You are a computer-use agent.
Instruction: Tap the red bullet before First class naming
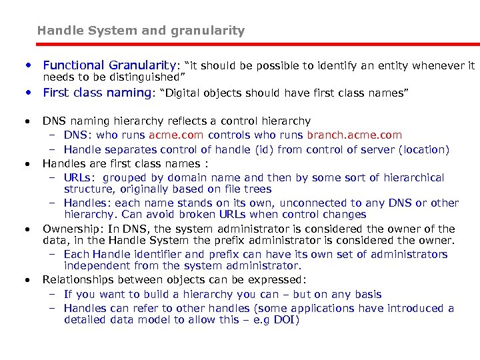click(x=29, y=93)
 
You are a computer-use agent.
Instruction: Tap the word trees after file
click(x=257, y=189)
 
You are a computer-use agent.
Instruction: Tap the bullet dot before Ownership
click(x=27, y=229)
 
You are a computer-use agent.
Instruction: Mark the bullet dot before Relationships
click(x=27, y=279)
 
